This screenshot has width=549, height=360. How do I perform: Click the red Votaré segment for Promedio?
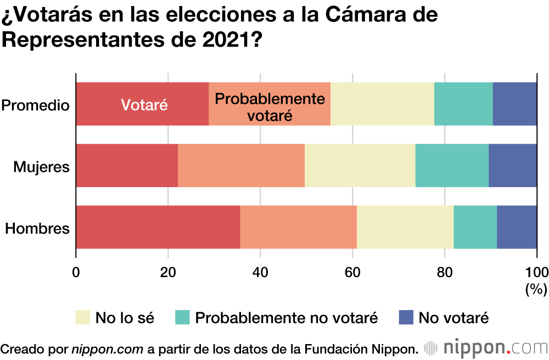(142, 104)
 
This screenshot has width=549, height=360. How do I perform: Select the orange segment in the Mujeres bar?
(241, 166)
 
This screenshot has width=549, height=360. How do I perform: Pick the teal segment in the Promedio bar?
(463, 104)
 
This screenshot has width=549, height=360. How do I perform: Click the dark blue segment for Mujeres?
(513, 166)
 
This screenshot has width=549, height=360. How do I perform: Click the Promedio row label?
(36, 104)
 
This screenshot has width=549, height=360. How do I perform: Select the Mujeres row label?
(42, 166)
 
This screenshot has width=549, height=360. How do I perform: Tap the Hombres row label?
(37, 228)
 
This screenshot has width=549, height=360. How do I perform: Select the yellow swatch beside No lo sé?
(82, 317)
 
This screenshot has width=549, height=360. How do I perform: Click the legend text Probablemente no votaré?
(287, 317)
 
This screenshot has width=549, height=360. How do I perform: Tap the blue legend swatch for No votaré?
(405, 317)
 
